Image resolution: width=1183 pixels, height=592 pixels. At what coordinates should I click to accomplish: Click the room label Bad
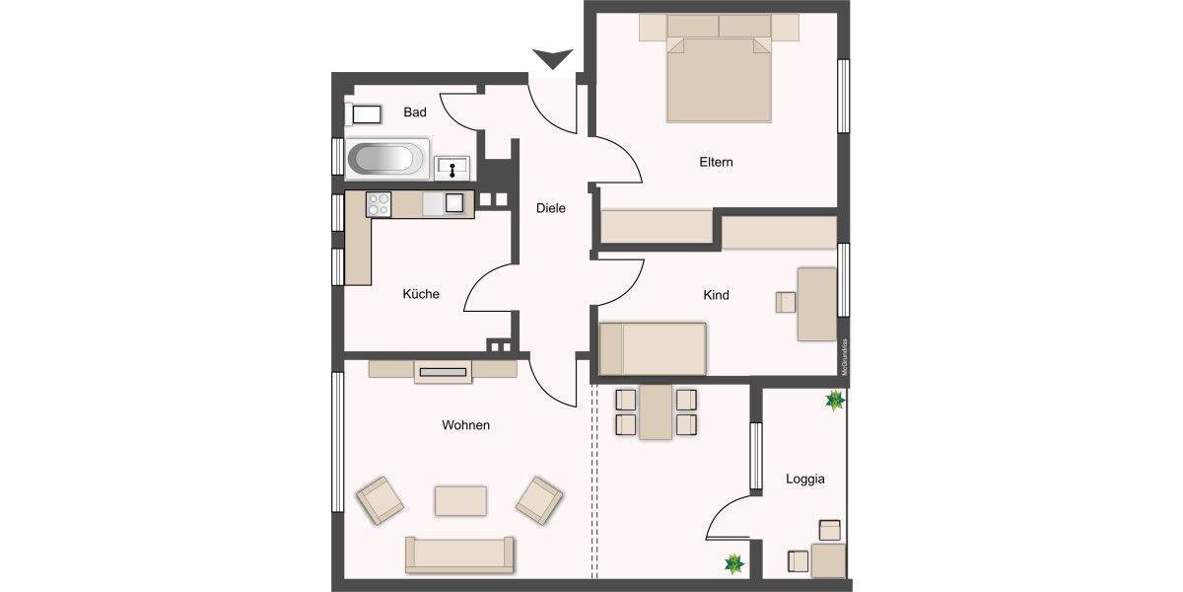415,112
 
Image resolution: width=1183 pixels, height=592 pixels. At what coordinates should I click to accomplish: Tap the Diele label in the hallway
551,208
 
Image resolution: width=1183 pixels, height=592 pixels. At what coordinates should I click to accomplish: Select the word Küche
421,294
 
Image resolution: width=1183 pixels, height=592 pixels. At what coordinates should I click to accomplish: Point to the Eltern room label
717,162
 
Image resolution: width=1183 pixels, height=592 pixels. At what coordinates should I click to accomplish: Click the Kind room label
717,295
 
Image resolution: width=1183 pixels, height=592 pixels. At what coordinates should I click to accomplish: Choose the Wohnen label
466,425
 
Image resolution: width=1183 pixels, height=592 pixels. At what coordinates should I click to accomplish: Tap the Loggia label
805,480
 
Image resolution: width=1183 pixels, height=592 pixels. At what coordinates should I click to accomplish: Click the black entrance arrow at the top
552,59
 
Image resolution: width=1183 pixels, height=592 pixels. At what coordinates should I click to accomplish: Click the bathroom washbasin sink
452,168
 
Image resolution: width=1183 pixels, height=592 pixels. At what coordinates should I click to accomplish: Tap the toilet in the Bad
363,113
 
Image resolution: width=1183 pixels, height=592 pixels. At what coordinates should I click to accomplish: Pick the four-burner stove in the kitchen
380,203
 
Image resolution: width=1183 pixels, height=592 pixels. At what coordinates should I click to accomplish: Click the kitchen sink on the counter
452,203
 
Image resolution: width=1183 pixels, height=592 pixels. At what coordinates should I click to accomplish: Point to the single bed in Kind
654,348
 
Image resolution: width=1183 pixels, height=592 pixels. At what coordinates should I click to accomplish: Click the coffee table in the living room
460,500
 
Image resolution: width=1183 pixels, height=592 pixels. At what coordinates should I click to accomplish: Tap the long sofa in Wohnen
459,555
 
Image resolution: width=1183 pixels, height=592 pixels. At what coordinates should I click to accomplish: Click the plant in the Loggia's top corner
835,400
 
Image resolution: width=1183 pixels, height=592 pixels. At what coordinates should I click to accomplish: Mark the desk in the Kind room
816,304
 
